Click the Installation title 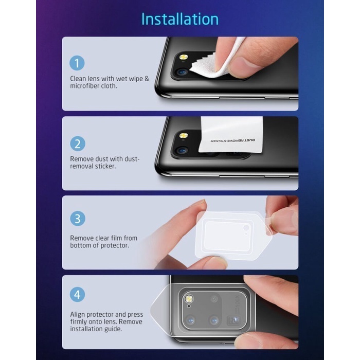click(x=180, y=19)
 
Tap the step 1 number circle click(x=77, y=63)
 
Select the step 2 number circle click(x=78, y=143)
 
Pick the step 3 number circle click(x=78, y=219)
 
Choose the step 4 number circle click(x=77, y=294)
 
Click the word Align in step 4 click(x=77, y=315)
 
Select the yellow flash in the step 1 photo click(x=184, y=57)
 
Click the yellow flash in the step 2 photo click(x=184, y=135)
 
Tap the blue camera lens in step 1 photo click(x=182, y=73)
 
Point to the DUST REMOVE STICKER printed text click(x=232, y=140)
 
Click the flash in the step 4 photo click(x=189, y=298)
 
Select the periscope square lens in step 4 click(x=233, y=320)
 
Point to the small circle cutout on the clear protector click(x=246, y=228)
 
